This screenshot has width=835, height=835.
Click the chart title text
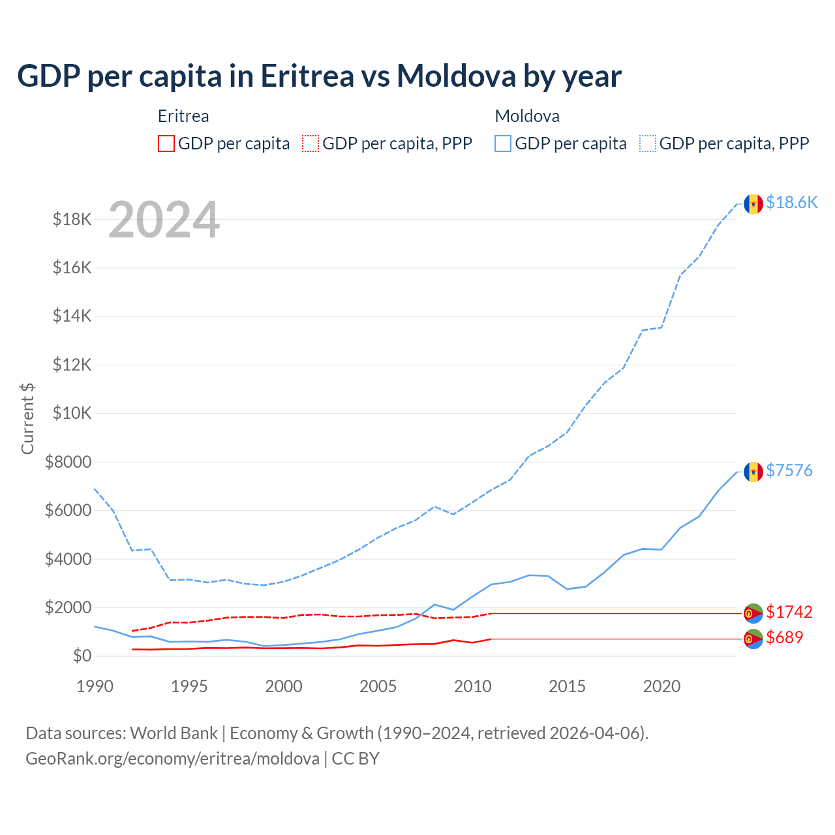point(319,76)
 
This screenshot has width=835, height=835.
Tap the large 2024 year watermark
point(164,220)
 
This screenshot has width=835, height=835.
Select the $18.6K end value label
point(791,203)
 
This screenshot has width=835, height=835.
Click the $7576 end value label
point(789,470)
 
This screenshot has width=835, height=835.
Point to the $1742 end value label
point(789,612)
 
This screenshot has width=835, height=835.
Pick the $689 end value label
point(785,637)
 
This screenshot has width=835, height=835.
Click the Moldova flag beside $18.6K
point(753,204)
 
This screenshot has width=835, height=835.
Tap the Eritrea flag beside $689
point(753,639)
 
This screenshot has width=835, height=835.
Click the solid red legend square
point(166,144)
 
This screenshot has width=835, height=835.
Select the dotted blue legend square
point(648,144)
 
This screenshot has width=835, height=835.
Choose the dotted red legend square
point(311,144)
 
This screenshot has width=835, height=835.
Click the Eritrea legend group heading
point(183,116)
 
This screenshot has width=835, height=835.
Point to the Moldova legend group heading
point(527,116)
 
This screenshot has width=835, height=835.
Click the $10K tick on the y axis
point(72,413)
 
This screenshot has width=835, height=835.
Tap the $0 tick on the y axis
point(82,656)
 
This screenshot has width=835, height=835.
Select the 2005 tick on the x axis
point(378,686)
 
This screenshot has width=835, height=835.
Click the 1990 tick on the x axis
point(95,686)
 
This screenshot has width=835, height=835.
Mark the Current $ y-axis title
point(27,418)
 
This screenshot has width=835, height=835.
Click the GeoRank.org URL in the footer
point(172,759)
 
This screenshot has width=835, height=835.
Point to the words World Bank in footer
point(174,733)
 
